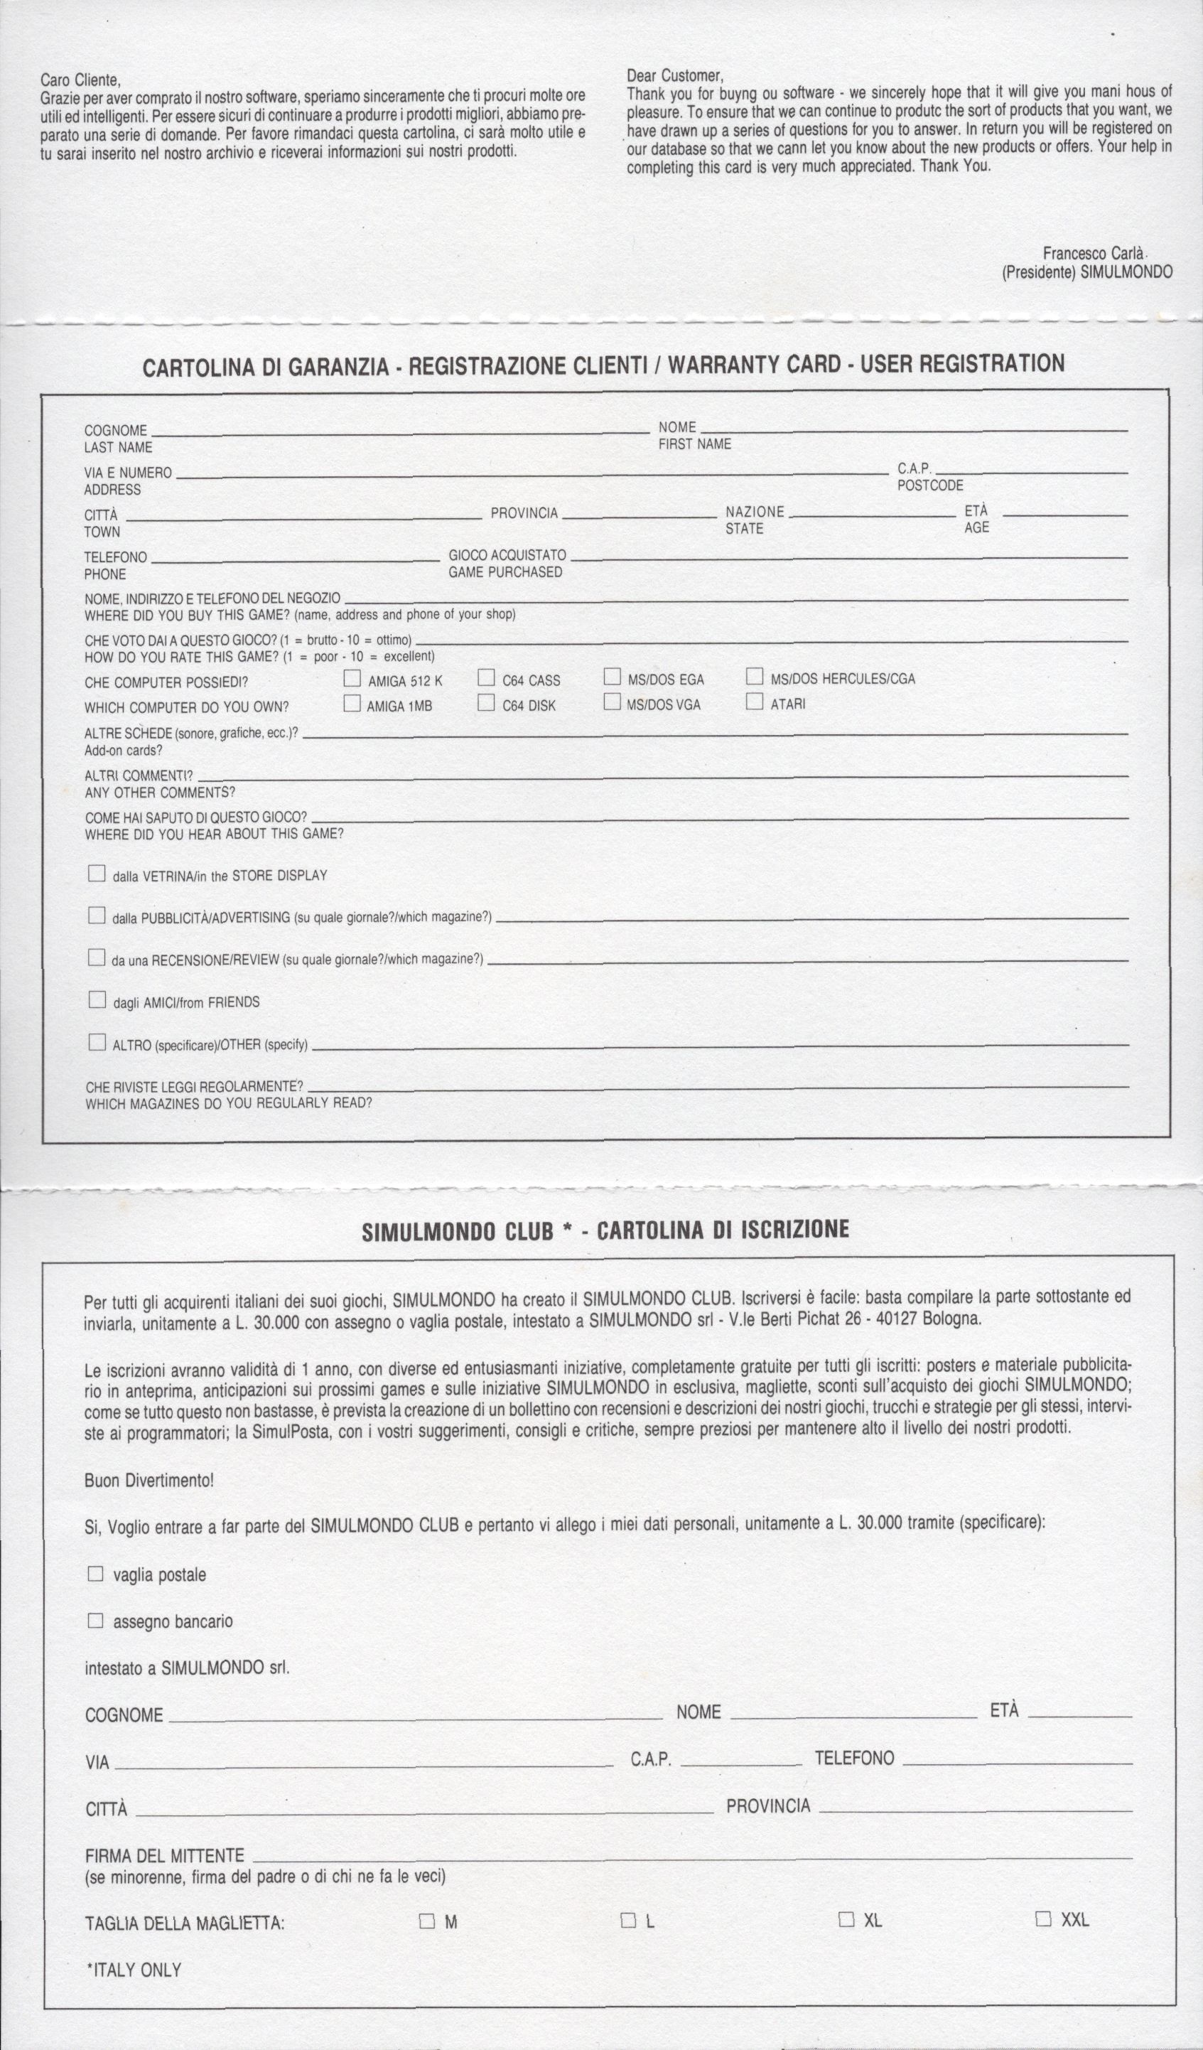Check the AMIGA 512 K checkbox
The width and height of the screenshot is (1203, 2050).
[352, 677]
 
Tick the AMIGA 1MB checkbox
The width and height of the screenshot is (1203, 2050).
[352, 703]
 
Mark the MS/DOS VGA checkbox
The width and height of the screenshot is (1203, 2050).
[612, 702]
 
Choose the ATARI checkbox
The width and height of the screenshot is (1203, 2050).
[755, 700]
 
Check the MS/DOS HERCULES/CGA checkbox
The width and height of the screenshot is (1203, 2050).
[755, 676]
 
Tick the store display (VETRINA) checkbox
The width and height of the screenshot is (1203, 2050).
[97, 874]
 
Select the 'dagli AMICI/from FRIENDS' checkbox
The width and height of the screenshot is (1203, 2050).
[97, 1000]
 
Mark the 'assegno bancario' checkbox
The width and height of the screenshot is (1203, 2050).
[95, 1621]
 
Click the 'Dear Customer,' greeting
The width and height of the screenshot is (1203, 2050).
[674, 75]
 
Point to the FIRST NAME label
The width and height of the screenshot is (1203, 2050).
[695, 444]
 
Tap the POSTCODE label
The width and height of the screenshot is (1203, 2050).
[929, 485]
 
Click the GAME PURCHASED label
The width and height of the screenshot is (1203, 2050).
[505, 572]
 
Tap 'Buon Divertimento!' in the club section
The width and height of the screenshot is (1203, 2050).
[149, 1481]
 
